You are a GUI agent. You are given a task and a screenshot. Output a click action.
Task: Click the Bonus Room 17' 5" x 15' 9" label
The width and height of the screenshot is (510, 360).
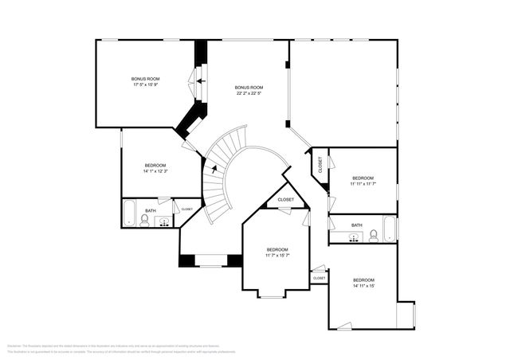pyautogui.click(x=147, y=81)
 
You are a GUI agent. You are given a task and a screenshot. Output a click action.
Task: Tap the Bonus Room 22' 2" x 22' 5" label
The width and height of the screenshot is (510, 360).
pyautogui.click(x=249, y=90)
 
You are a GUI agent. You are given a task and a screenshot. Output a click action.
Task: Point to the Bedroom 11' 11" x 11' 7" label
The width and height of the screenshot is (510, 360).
pyautogui.click(x=363, y=181)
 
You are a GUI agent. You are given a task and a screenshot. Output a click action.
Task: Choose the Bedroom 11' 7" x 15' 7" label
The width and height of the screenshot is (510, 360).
pyautogui.click(x=277, y=252)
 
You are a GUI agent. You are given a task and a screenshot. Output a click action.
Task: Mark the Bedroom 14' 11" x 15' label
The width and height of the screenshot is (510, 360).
pyautogui.click(x=363, y=283)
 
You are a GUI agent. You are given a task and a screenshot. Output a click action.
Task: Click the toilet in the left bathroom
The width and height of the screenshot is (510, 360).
pyautogui.click(x=144, y=219)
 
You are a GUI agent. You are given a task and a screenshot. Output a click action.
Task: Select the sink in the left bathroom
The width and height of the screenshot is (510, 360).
pyautogui.click(x=164, y=222)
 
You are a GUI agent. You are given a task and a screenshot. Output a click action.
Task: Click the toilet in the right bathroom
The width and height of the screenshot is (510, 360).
pyautogui.click(x=373, y=234)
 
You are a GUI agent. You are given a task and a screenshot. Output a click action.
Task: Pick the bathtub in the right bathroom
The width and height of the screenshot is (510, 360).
pyautogui.click(x=389, y=229)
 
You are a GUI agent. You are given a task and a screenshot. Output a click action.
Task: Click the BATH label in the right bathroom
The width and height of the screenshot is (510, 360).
pyautogui.click(x=356, y=225)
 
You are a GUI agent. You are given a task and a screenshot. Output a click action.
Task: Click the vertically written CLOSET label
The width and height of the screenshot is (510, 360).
pyautogui.click(x=321, y=165)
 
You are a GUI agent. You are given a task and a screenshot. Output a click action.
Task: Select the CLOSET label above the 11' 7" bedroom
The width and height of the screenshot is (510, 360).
pyautogui.click(x=285, y=200)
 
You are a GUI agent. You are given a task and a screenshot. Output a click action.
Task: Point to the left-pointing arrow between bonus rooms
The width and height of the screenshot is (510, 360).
pyautogui.click(x=201, y=80)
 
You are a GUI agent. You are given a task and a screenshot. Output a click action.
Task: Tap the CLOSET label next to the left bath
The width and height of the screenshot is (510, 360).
pyautogui.click(x=187, y=209)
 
